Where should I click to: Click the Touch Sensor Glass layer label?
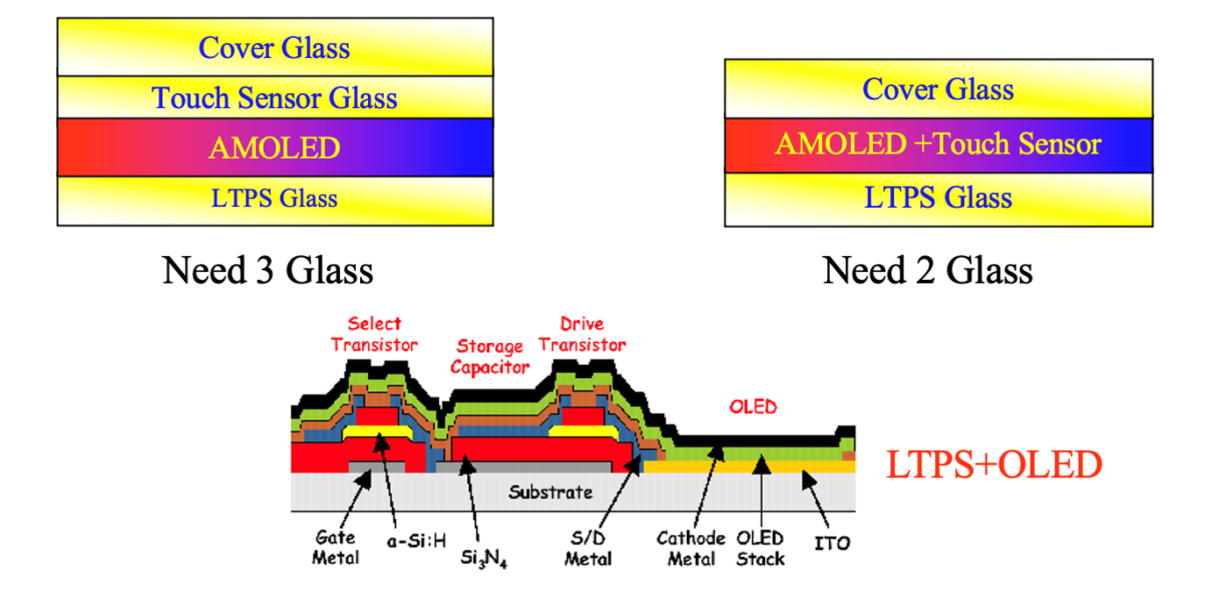274,98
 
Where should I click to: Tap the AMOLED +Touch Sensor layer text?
939,144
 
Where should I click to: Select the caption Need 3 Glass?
268,270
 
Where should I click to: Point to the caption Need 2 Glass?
927,270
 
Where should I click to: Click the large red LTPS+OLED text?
995,465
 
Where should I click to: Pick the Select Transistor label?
374,334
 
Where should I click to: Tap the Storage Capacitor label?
490,357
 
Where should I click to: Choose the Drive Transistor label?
582,334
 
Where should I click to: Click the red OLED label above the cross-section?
753,407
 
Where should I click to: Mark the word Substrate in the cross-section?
550,492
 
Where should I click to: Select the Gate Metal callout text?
336,547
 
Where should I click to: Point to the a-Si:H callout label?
416,540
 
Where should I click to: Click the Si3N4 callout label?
484,558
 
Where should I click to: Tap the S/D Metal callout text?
588,548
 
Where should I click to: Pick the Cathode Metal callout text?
691,548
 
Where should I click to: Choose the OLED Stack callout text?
760,548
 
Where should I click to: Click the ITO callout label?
833,543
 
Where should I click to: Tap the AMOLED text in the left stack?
274,148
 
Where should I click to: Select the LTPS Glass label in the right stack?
938,197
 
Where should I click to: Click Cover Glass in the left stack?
274,48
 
